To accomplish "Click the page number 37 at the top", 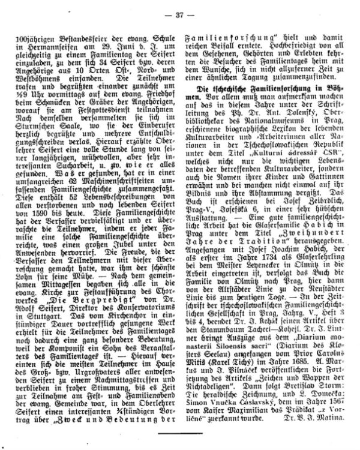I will click(x=179, y=8).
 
